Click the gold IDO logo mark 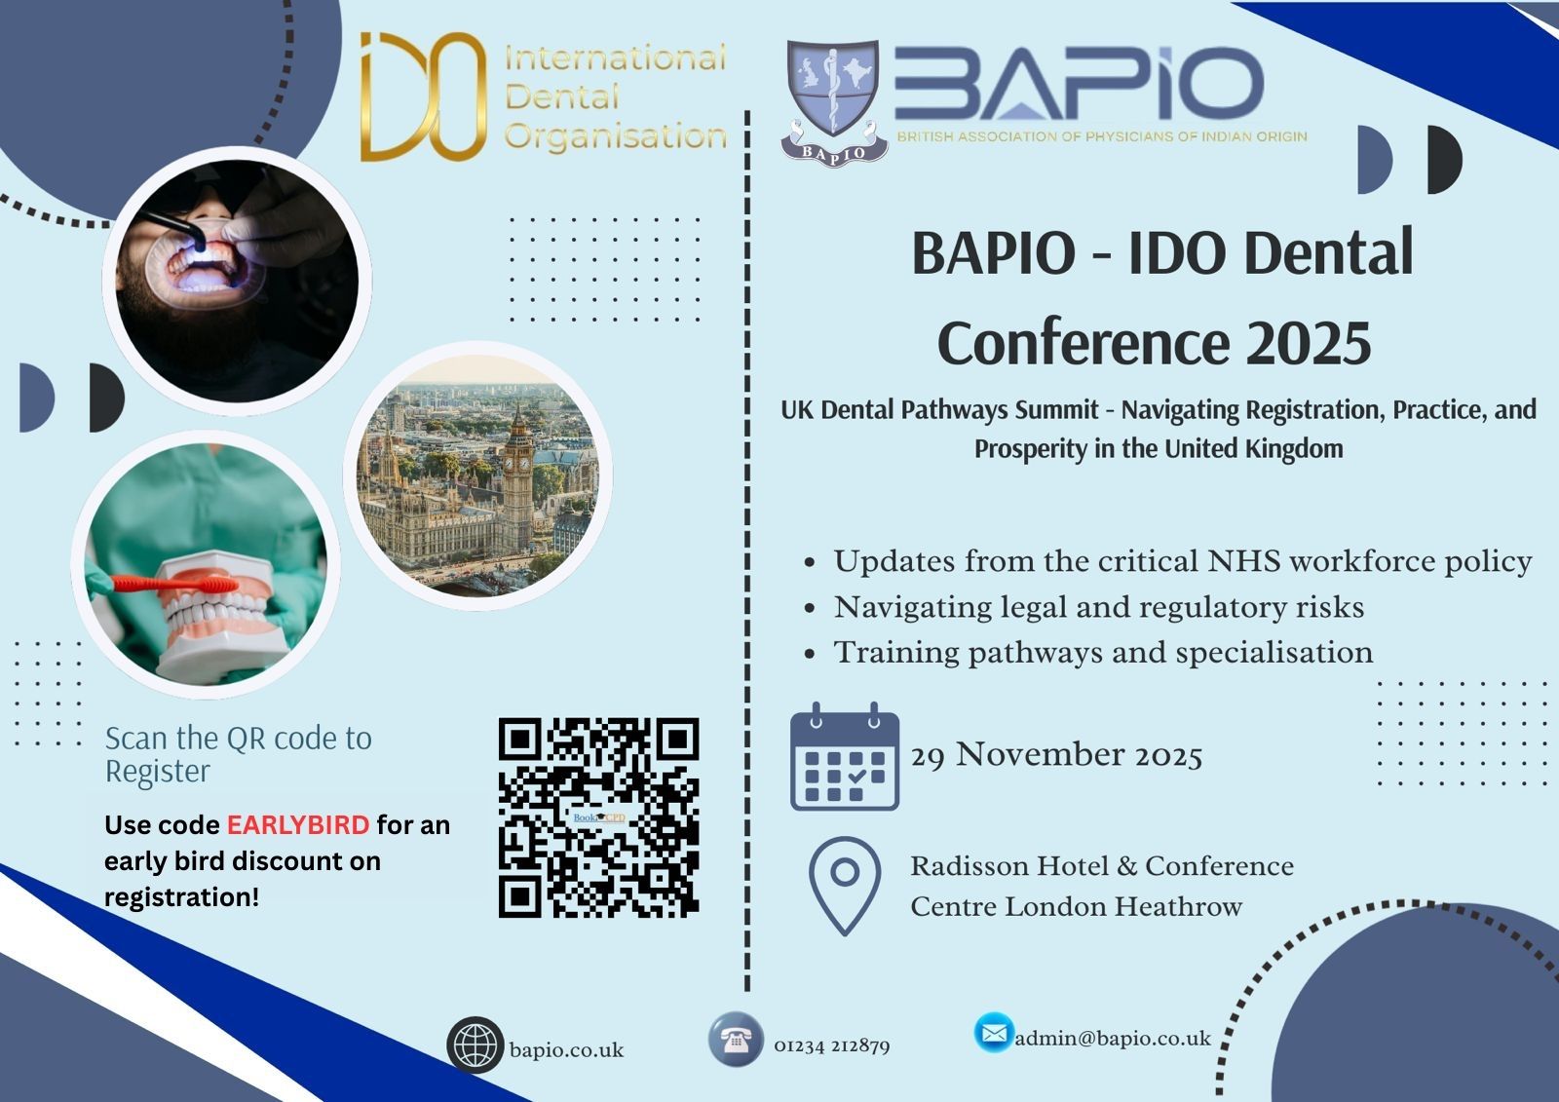(x=423, y=96)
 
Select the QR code (x=598, y=817)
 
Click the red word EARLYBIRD (x=298, y=825)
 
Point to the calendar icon (x=844, y=757)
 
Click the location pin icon (x=844, y=886)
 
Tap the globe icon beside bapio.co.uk (x=475, y=1045)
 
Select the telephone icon (x=736, y=1040)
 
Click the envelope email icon (x=994, y=1033)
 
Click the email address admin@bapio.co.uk (x=1113, y=1039)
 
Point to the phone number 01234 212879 (x=832, y=1045)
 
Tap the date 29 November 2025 (x=1056, y=755)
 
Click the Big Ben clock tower (x=517, y=480)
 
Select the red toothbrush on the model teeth (x=174, y=584)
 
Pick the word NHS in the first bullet (x=1243, y=561)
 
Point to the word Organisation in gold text (x=615, y=137)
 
